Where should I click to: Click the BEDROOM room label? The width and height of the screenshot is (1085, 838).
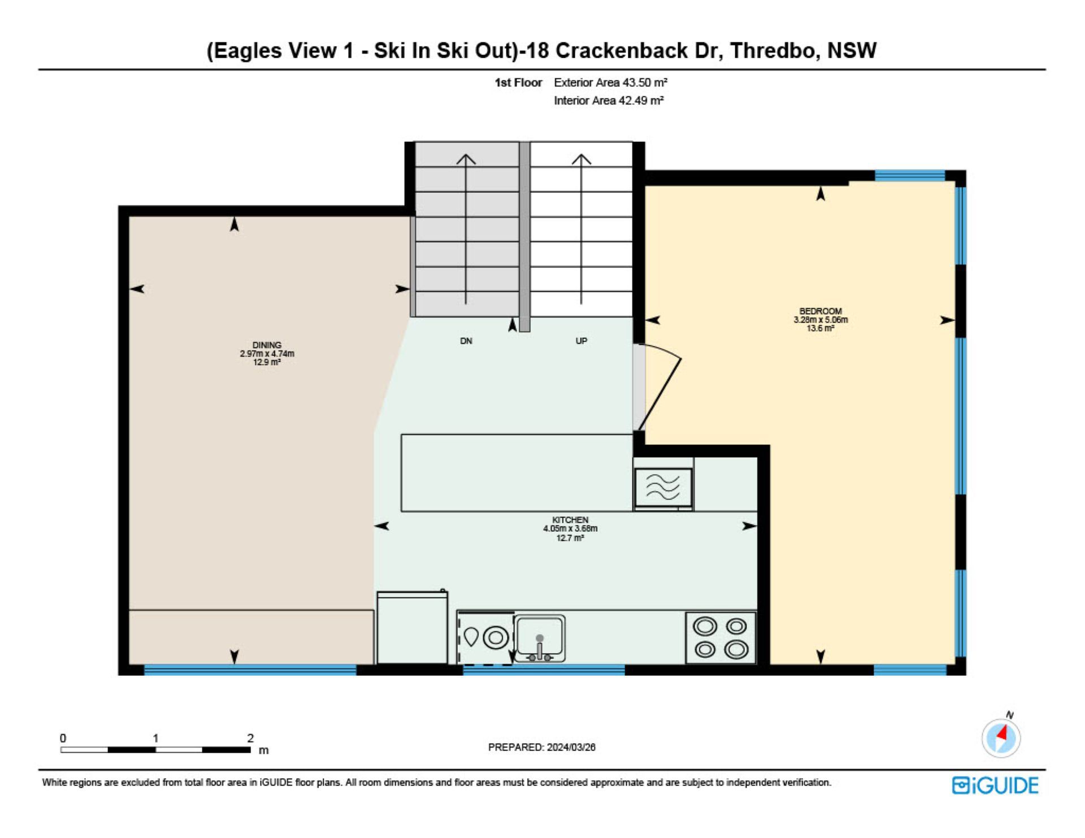pyautogui.click(x=821, y=311)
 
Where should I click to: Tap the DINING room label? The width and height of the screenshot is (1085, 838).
pyautogui.click(x=267, y=345)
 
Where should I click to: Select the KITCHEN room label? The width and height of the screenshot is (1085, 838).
pyautogui.click(x=570, y=520)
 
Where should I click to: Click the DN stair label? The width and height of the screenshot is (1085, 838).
pyautogui.click(x=466, y=341)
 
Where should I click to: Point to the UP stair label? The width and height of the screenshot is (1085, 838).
pyautogui.click(x=581, y=341)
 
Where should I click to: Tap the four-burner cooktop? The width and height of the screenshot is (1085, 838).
pyautogui.click(x=721, y=637)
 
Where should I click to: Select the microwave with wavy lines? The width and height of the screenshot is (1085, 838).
pyautogui.click(x=663, y=488)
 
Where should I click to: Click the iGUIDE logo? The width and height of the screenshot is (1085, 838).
pyautogui.click(x=995, y=785)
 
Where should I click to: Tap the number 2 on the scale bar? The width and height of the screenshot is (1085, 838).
pyautogui.click(x=250, y=738)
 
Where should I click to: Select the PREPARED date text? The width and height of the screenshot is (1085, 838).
pyautogui.click(x=541, y=747)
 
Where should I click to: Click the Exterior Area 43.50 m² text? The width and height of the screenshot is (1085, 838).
pyautogui.click(x=610, y=83)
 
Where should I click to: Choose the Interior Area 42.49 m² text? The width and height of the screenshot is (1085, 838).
pyautogui.click(x=609, y=101)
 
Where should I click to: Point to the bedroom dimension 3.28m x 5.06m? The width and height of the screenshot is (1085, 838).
pyautogui.click(x=821, y=320)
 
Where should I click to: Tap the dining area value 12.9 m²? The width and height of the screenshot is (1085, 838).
pyautogui.click(x=267, y=362)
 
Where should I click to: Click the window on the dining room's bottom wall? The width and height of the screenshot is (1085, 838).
pyautogui.click(x=250, y=670)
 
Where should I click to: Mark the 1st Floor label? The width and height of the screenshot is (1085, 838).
pyautogui.click(x=518, y=83)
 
